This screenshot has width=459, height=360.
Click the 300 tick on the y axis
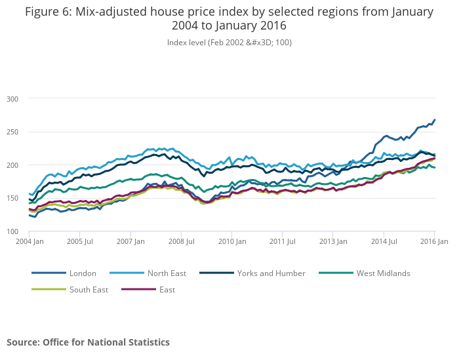pyautogui.click(x=12, y=98)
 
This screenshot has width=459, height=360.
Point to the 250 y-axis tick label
pyautogui.click(x=12, y=132)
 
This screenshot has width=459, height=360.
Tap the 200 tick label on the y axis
pyautogui.click(x=12, y=165)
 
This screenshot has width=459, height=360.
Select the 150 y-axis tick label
pyautogui.click(x=12, y=199)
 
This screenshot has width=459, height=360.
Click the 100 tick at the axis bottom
pyautogui.click(x=12, y=232)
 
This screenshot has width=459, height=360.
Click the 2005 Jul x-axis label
pyautogui.click(x=79, y=242)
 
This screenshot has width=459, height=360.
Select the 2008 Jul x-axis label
pyautogui.click(x=181, y=242)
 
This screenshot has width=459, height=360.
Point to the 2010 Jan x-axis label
pyautogui.click(x=231, y=242)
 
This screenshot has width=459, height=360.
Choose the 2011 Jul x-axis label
pyautogui.click(x=282, y=242)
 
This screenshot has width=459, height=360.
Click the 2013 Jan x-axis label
pyautogui.click(x=333, y=242)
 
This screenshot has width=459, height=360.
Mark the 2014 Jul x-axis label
pyautogui.click(x=384, y=242)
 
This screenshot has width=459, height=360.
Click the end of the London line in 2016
pyautogui.click(x=435, y=120)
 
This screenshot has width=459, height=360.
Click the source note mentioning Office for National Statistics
pyautogui.click(x=88, y=342)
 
